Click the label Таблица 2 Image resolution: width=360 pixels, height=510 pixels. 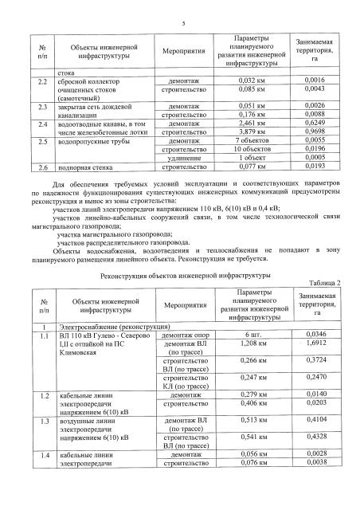[x=322, y=283]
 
